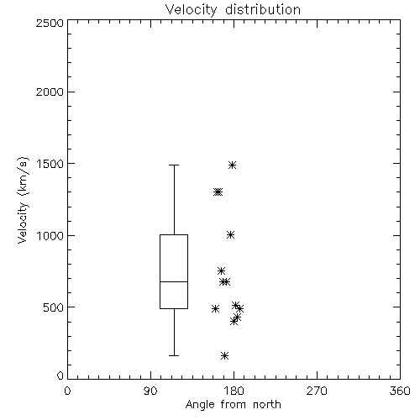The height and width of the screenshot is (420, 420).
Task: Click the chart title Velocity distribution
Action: point(233,9)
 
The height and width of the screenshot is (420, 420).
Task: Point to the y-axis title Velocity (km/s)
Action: point(23,201)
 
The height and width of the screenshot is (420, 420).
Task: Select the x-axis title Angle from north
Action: point(233,405)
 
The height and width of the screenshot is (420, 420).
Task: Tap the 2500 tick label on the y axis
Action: point(50,23)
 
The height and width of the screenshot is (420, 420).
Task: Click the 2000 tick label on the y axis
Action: point(50,92)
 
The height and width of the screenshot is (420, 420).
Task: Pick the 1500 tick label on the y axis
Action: point(50,164)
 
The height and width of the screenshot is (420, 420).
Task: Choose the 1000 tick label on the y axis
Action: point(50,236)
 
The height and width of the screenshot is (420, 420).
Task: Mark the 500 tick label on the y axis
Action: point(54,307)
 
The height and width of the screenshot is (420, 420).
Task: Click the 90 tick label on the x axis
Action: point(150,391)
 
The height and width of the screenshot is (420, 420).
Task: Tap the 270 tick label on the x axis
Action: point(317,391)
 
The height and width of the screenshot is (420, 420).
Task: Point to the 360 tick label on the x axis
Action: point(400,391)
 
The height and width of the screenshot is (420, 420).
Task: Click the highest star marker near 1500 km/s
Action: point(232,165)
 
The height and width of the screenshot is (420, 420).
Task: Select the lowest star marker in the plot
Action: point(224,356)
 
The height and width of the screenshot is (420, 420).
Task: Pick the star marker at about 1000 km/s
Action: point(230,235)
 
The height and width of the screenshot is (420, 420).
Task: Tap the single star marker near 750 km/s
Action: point(221,270)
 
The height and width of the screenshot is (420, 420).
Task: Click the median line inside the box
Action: point(174,281)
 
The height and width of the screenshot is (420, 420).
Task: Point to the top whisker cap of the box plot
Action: point(174,165)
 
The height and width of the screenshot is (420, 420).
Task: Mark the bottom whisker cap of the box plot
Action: point(174,355)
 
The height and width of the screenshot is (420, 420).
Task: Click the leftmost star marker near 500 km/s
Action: point(215,309)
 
